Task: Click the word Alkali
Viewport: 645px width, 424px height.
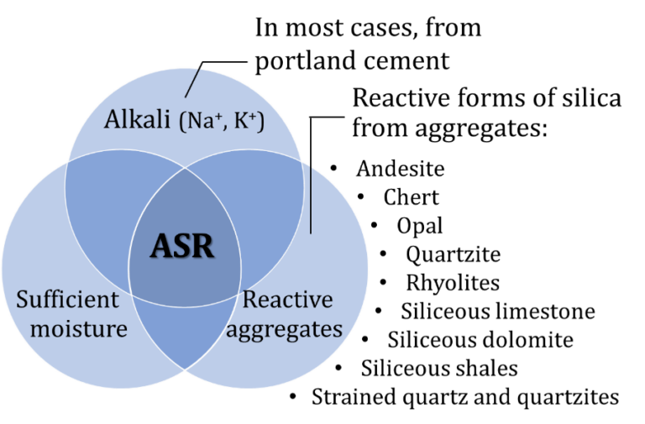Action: pyautogui.click(x=138, y=120)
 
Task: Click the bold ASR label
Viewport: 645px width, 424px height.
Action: pyautogui.click(x=182, y=246)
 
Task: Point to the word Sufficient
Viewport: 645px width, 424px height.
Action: pyautogui.click(x=69, y=301)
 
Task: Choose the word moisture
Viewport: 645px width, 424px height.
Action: pyautogui.click(x=78, y=327)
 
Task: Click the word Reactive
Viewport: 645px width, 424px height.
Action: pyautogui.click(x=288, y=300)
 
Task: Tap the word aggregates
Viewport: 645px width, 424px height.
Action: pyautogui.click(x=284, y=328)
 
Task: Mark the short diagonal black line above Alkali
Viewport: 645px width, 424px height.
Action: pyautogui.click(x=191, y=81)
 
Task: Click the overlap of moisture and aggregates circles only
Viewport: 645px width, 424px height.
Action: pyautogui.click(x=184, y=336)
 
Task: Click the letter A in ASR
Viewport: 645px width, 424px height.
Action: pyautogui.click(x=161, y=246)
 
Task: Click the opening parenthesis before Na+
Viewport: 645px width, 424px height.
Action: pyautogui.click(x=181, y=123)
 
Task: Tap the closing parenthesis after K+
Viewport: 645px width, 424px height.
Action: pyautogui.click(x=262, y=123)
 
